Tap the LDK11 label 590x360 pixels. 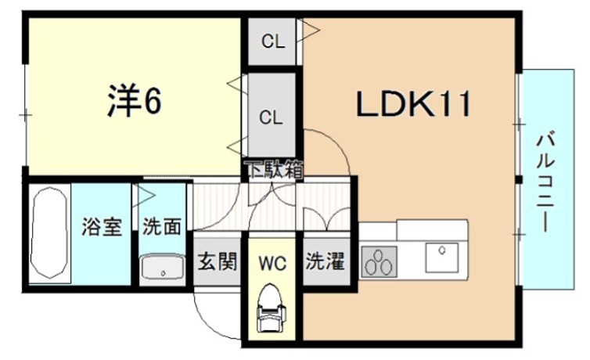[414, 104]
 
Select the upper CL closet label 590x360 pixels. [272, 42]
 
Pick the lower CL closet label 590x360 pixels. [271, 118]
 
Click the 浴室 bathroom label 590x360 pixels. [102, 228]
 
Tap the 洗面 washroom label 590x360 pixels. [162, 228]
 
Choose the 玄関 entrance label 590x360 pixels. [217, 261]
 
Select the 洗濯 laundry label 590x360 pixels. [325, 261]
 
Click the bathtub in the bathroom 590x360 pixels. [49, 233]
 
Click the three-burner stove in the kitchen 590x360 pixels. [379, 261]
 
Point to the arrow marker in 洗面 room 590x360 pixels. [145, 193]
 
